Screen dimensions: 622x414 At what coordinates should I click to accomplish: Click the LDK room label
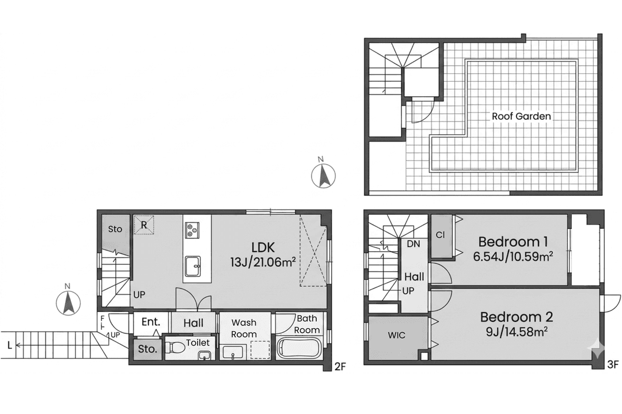click(263, 248)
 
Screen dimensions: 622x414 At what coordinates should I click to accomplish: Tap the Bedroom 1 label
click(513, 241)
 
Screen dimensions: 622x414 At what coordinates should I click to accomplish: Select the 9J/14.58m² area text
click(517, 331)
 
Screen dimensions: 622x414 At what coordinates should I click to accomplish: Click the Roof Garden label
click(521, 116)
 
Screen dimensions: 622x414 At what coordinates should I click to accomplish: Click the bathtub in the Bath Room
click(299, 348)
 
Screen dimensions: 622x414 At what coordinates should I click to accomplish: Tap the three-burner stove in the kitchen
click(192, 230)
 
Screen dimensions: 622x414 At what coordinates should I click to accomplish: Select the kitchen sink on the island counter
click(192, 266)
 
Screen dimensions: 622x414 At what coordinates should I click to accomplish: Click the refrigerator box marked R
click(143, 225)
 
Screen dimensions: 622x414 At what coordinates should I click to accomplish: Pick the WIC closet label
click(397, 336)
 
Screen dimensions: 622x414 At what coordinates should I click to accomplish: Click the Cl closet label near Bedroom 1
click(441, 235)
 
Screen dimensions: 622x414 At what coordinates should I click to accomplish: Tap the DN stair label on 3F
click(414, 244)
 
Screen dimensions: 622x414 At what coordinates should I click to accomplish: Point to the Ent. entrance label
click(151, 322)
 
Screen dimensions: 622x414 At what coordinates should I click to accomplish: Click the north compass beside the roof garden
click(323, 175)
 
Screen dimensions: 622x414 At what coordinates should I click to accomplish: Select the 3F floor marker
click(612, 365)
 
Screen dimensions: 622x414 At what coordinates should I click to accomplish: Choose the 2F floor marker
click(340, 366)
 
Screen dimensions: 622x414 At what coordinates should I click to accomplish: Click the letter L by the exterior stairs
click(10, 345)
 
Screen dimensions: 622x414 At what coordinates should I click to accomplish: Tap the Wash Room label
click(244, 328)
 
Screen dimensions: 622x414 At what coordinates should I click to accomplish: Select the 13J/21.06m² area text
click(263, 262)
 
